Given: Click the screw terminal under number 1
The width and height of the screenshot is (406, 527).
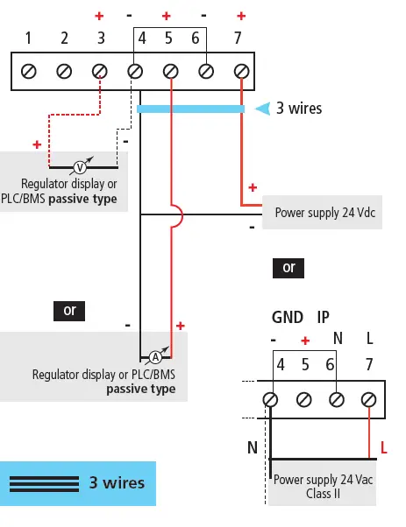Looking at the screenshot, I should coord(28,71).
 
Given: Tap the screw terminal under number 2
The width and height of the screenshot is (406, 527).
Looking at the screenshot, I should coord(64,71).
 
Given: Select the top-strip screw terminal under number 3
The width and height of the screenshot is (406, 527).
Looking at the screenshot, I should coord(100,71).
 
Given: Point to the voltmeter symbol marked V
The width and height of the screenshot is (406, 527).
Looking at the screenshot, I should coord(80,166).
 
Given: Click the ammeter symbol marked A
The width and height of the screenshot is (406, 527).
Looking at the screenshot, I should coord(154,356).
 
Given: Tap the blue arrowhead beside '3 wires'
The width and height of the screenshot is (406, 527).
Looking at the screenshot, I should coord(261,109).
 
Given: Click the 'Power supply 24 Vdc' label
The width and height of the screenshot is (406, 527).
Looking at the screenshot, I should coord(321,212).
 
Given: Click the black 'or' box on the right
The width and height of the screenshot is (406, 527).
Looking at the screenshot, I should coord(288,267).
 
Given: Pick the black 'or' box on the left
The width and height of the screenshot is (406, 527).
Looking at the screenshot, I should coord(69,310).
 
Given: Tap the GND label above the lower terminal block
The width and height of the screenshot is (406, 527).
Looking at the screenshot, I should coord(288,318).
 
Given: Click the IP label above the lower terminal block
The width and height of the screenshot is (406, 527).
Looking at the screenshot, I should coord(324,318).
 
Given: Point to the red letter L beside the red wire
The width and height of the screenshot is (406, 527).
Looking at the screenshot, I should coord(383,449).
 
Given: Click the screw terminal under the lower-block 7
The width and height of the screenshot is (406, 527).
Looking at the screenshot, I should coord(368,399).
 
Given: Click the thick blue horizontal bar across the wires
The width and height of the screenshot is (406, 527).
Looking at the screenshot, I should coord(189,109).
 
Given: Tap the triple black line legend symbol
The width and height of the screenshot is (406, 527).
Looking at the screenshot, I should coord(44,483).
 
